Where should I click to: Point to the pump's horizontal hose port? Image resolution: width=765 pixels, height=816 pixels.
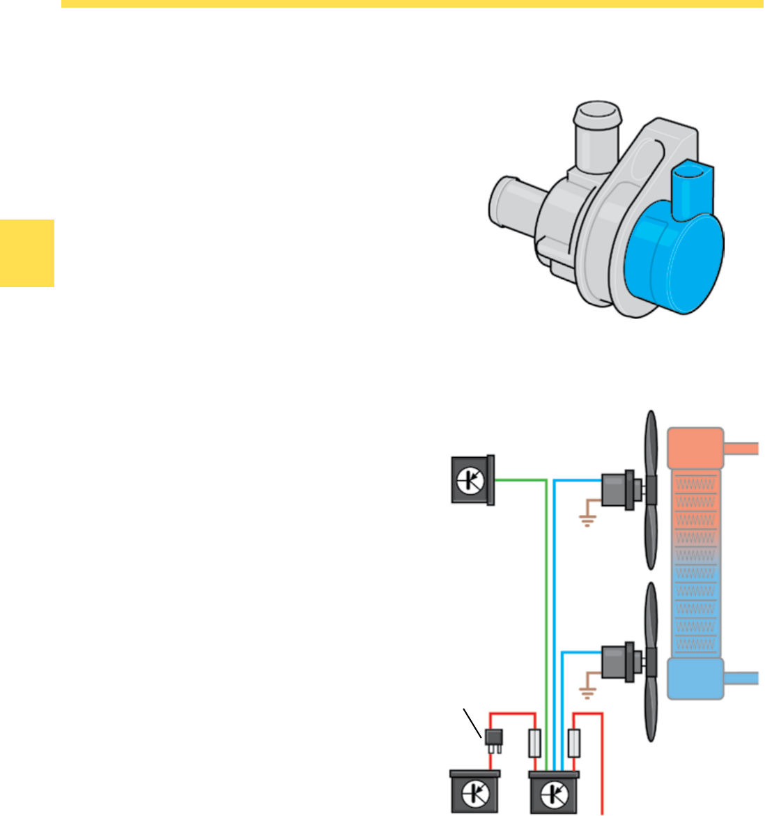tap(512, 202)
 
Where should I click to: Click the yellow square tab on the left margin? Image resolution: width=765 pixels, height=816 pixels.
tap(26, 252)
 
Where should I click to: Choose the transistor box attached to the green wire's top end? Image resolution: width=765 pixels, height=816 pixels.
tap(472, 479)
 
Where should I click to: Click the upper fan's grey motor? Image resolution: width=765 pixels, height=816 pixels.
tap(617, 486)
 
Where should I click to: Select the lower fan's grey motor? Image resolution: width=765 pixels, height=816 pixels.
tap(617, 659)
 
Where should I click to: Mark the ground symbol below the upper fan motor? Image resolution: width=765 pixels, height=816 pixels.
tap(587, 520)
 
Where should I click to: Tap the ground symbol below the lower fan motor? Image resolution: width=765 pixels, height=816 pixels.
tap(587, 693)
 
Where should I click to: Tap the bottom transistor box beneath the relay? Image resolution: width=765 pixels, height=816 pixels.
tap(474, 792)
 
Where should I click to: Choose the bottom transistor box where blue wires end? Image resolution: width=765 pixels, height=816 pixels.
tap(555, 792)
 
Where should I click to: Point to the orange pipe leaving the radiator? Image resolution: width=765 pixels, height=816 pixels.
tap(741, 447)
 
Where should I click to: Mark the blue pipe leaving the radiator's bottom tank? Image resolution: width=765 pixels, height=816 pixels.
tap(741, 677)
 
